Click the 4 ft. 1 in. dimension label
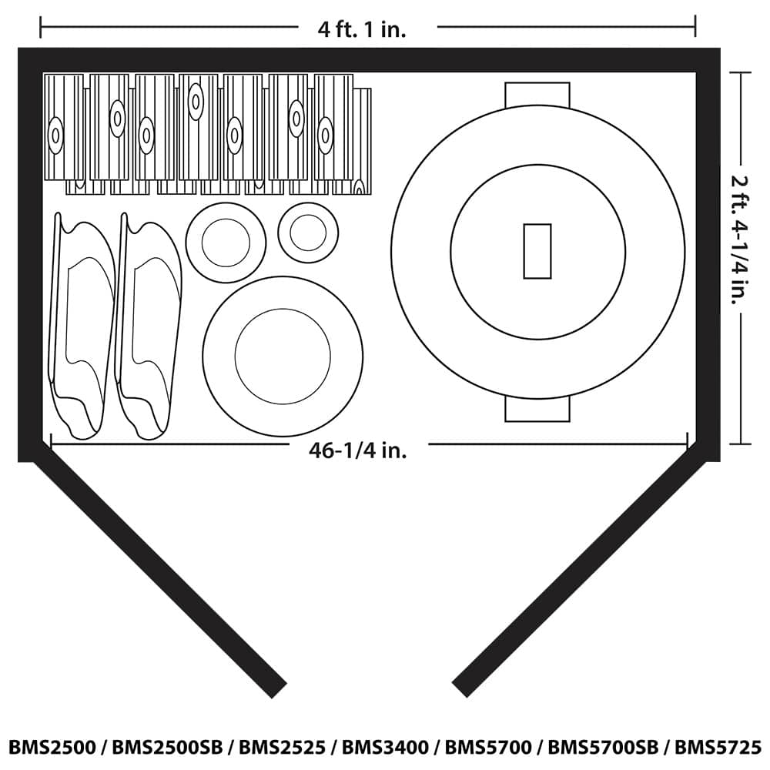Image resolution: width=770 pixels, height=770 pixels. point(363,29)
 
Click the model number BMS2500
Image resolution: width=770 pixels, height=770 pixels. point(52,748)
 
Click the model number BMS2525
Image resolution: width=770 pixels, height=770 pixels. point(283,748)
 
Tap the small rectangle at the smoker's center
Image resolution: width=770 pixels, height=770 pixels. point(537,251)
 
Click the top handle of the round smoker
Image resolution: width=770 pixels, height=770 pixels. point(537,94)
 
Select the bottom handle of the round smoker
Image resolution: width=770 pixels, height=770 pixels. point(537,410)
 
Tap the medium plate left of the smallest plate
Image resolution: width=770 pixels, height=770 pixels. point(226,243)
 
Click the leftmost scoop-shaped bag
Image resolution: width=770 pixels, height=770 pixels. point(81,327)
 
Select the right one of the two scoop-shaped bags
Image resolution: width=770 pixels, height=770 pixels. point(148,327)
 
